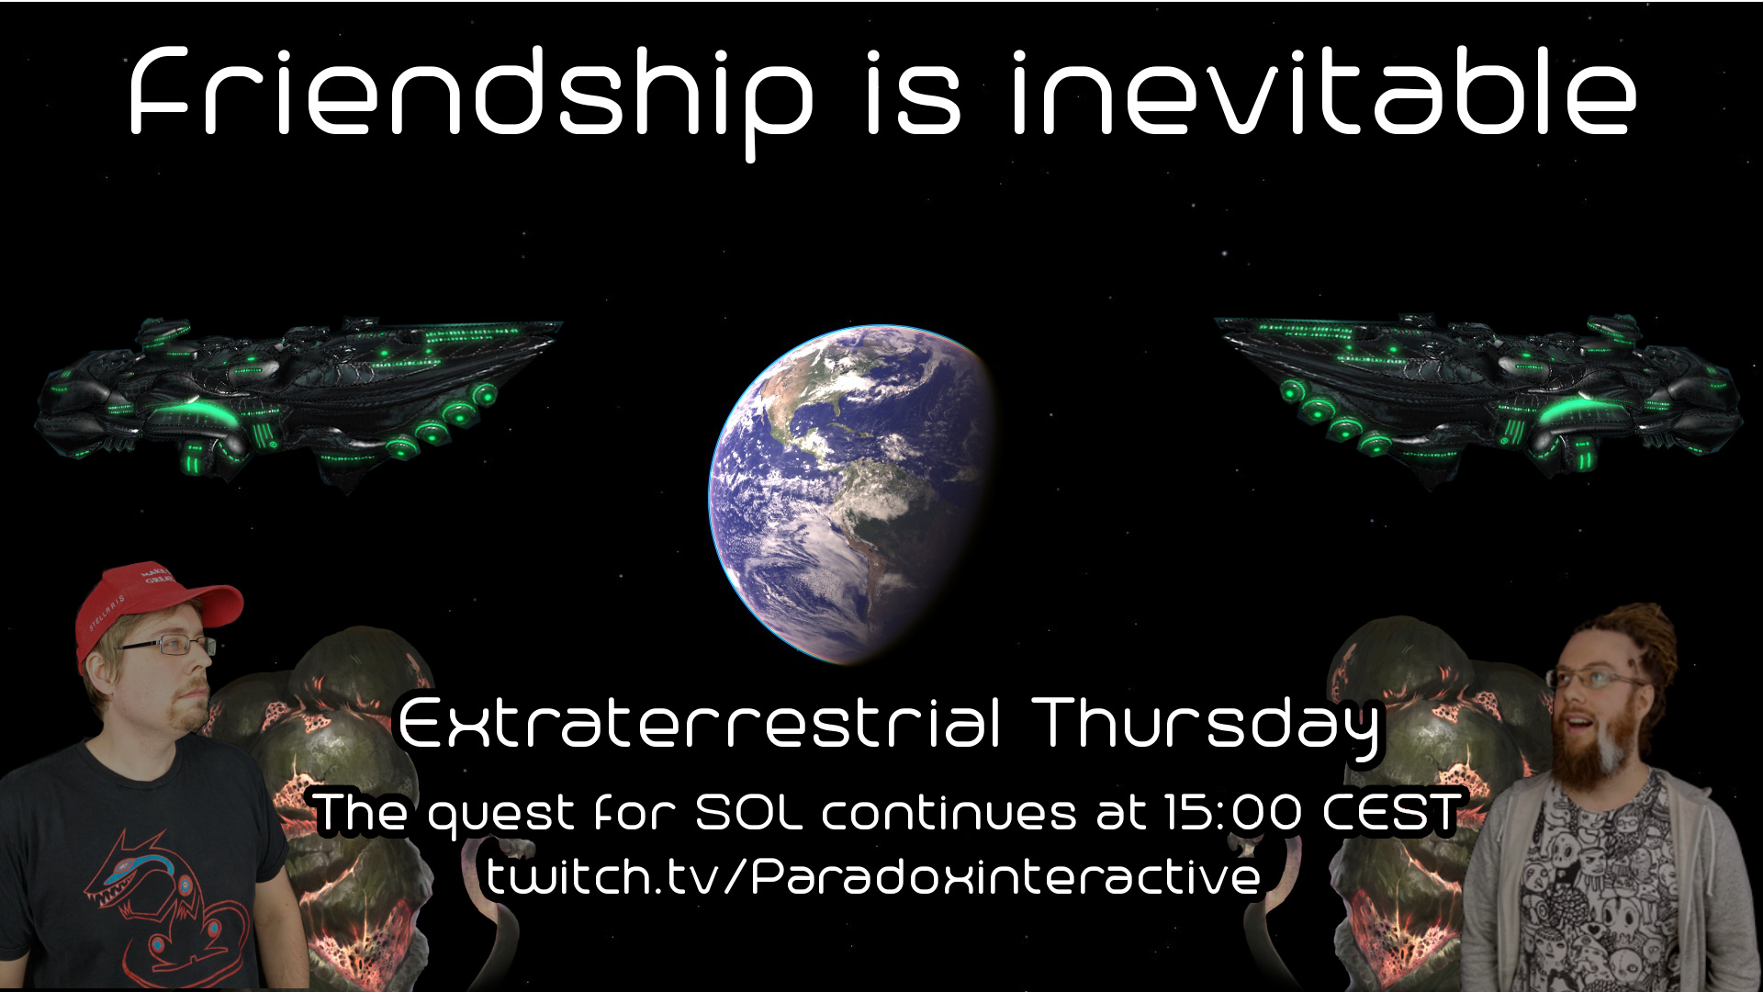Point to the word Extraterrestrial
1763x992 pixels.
(x=699, y=723)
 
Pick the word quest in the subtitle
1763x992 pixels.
(x=500, y=815)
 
